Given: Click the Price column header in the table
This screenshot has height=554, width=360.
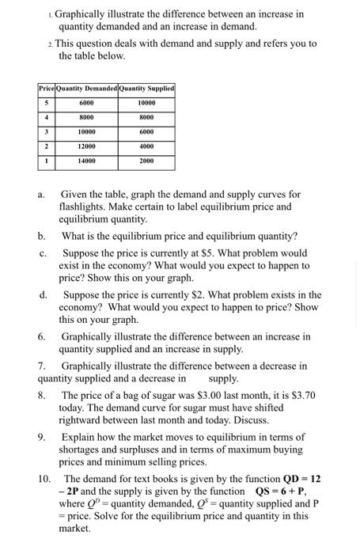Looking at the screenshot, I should (x=46, y=88).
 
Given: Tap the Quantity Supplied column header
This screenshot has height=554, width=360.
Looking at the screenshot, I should (x=146, y=88).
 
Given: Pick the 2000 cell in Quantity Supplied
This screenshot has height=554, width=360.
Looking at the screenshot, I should (x=146, y=161).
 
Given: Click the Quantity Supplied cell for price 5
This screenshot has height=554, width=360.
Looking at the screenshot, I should (x=146, y=103).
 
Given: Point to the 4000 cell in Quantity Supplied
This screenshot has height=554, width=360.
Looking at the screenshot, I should (x=146, y=146).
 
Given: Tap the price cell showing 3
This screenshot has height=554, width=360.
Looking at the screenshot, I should (x=46, y=131).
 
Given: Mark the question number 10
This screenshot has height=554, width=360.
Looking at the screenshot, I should (x=44, y=479).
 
